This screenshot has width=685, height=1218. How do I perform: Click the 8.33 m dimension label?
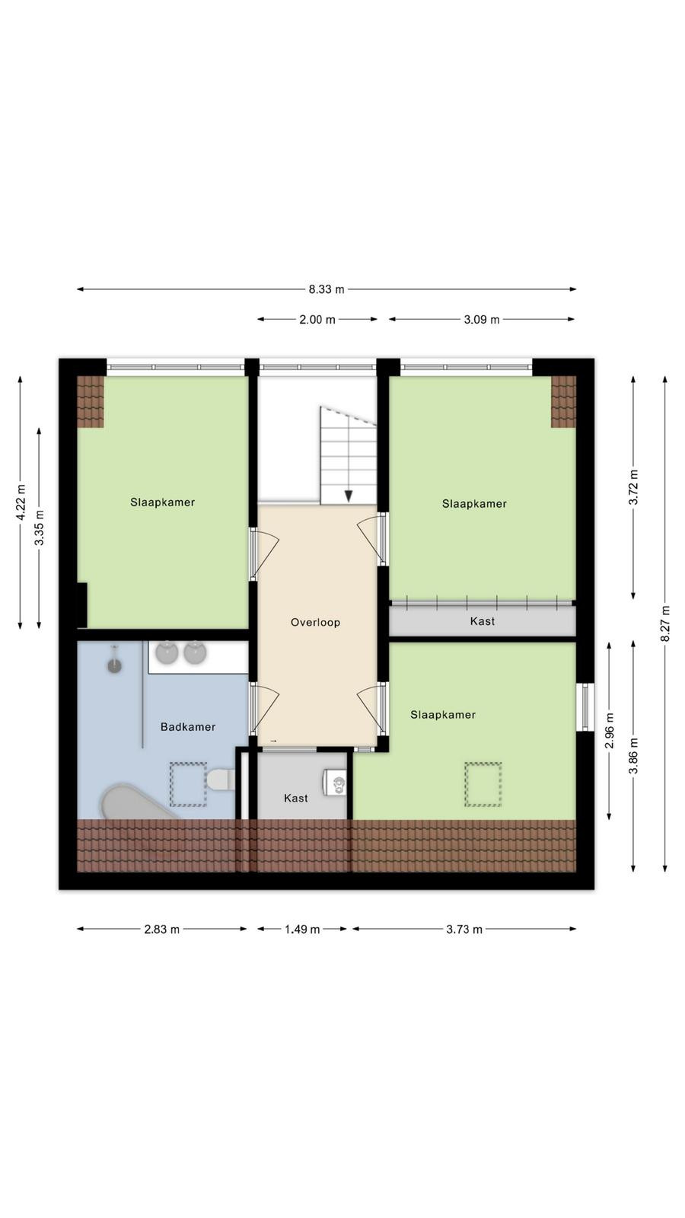coord(327,289)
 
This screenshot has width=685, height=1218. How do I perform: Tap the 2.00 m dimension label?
coord(317,320)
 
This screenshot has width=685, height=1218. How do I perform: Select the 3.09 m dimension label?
coord(481,320)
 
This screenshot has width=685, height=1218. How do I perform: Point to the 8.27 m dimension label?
coord(665,623)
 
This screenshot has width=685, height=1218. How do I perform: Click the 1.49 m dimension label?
coord(301,929)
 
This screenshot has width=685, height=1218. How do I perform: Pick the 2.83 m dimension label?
coord(161,929)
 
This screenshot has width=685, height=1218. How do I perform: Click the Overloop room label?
coord(315,623)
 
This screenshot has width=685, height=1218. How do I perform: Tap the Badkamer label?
coord(188,727)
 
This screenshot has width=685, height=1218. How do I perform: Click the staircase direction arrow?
coord(349,496)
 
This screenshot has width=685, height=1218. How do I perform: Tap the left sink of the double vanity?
coord(167,653)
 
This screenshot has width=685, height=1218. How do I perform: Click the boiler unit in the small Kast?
coord(336,782)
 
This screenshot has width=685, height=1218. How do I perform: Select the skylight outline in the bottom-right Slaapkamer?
coord(483,784)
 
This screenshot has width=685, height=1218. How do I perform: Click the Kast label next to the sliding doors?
coord(483,621)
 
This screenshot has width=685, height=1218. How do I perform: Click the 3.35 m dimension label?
coord(39,528)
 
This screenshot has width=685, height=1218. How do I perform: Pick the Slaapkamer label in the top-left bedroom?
coord(163,502)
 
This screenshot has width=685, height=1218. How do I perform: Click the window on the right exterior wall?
coord(585,707)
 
